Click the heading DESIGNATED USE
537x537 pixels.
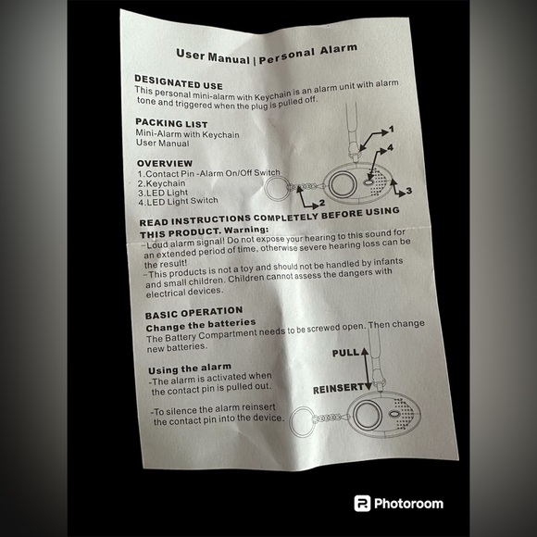pyautogui.click(x=179, y=82)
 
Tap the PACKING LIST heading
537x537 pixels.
pyautogui.click(x=171, y=123)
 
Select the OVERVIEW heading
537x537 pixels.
pyautogui.click(x=165, y=163)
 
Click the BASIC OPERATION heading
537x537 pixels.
pyautogui.click(x=194, y=312)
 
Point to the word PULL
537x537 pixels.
pyautogui.click(x=345, y=353)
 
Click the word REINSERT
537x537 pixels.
pyautogui.click(x=338, y=389)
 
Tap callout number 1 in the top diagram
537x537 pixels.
pyautogui.click(x=392, y=130)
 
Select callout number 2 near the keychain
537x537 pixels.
pyautogui.click(x=322, y=203)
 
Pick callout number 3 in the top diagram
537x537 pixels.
pyautogui.click(x=408, y=191)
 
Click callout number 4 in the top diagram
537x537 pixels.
pyautogui.click(x=390, y=147)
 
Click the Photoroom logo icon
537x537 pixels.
pyautogui.click(x=362, y=503)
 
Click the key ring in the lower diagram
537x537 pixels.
pyautogui.click(x=290, y=422)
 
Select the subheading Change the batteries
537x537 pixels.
pyautogui.click(x=201, y=325)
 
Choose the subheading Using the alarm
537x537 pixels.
pyautogui.click(x=190, y=368)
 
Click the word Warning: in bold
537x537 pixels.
pyautogui.click(x=246, y=230)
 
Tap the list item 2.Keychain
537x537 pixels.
pyautogui.click(x=161, y=183)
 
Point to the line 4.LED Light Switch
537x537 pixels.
pyautogui.click(x=178, y=202)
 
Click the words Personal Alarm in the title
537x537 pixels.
pyautogui.click(x=308, y=54)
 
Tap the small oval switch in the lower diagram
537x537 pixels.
pyautogui.click(x=393, y=414)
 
